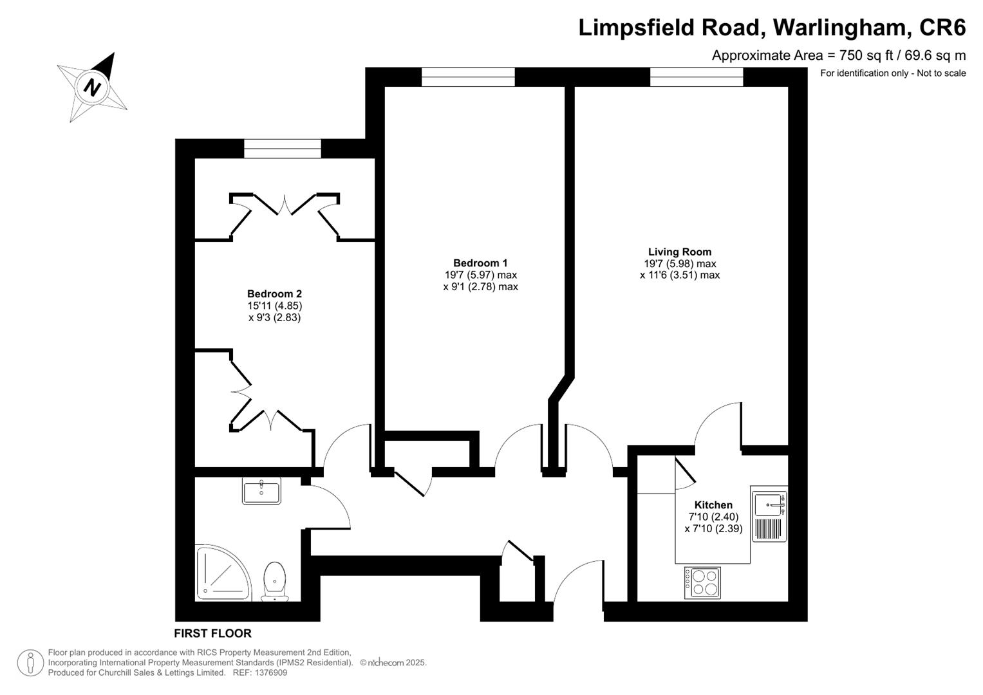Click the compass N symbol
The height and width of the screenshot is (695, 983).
coord(91,87)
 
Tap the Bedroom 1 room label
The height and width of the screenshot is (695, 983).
coord(480,263)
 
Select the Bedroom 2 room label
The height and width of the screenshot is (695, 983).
coord(274,293)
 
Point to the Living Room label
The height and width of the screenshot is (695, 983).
coord(680,252)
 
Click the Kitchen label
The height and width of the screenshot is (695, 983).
coord(713,505)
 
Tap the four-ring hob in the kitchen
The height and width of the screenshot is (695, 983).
coord(702,582)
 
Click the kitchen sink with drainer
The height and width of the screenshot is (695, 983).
coord(769,514)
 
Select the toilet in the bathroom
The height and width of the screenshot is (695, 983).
coord(275,581)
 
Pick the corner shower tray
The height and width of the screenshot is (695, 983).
coord(223,573)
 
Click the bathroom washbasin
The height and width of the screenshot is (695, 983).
coord(261,491)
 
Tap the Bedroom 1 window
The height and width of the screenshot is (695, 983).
coord(468,77)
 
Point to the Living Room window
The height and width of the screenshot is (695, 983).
coord(697,77)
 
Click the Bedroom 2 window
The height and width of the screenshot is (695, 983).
coord(283,149)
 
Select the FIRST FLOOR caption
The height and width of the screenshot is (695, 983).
coord(213,633)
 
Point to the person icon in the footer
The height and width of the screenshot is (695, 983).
coord(30,663)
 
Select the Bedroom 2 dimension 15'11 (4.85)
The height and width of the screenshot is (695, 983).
coord(275,306)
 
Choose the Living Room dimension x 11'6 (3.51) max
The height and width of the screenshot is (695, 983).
coord(680,275)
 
